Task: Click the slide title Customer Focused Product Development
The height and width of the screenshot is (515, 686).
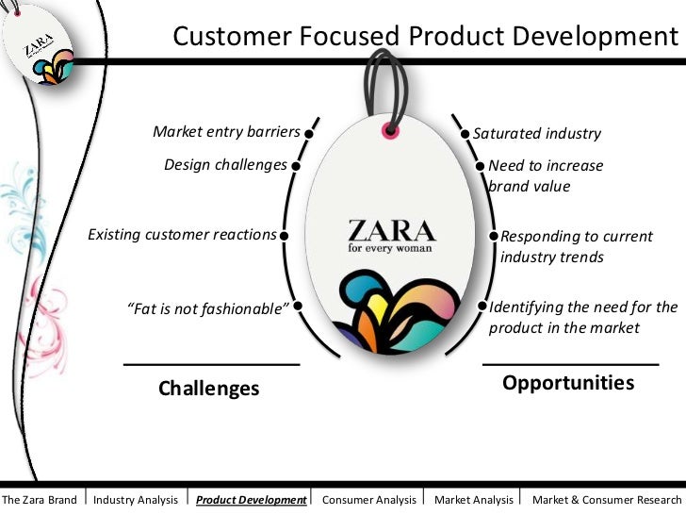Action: pyautogui.click(x=425, y=37)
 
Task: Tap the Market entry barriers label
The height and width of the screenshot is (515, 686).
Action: pyautogui.click(x=226, y=132)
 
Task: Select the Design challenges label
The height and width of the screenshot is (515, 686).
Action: pyautogui.click(x=225, y=165)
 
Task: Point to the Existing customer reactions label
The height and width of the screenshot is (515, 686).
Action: pyautogui.click(x=182, y=234)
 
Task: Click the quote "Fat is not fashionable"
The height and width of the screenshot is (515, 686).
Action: pyautogui.click(x=207, y=307)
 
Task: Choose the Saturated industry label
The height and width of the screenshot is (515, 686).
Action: pyautogui.click(x=536, y=134)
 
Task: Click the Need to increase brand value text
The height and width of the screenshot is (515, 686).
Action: pyautogui.click(x=545, y=175)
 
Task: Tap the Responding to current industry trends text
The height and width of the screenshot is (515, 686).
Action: pyautogui.click(x=576, y=246)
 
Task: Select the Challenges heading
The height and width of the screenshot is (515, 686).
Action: pyautogui.click(x=208, y=388)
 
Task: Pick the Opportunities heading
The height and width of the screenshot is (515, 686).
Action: pyautogui.click(x=568, y=382)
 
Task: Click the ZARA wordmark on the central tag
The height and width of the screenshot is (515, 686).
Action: pyautogui.click(x=391, y=231)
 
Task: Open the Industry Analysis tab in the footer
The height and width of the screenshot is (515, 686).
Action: pyautogui.click(x=136, y=500)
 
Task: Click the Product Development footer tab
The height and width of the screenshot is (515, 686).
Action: pyautogui.click(x=252, y=500)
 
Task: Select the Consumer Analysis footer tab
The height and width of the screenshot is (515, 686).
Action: pyautogui.click(x=368, y=500)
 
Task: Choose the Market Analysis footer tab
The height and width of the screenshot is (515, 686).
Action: pyautogui.click(x=474, y=500)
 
